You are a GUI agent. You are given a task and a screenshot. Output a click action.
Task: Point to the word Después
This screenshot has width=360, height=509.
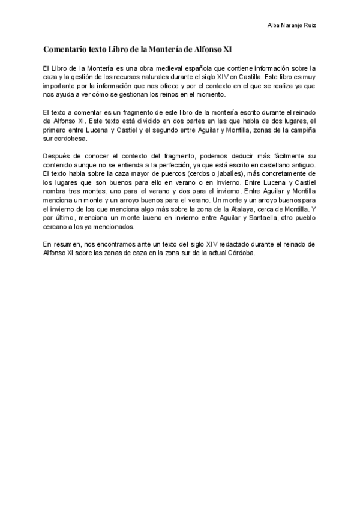[58, 155]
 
